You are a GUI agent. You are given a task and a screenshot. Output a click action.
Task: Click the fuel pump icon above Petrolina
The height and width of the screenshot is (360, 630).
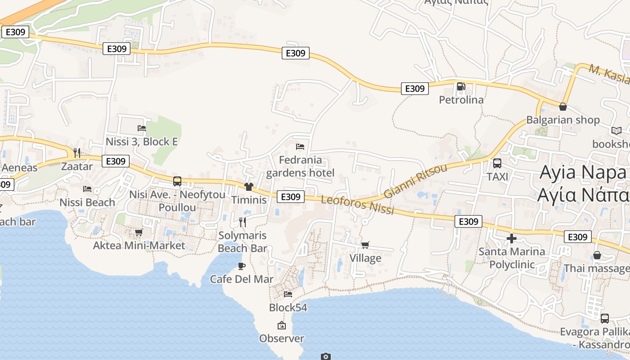pyautogui.click(x=461, y=86)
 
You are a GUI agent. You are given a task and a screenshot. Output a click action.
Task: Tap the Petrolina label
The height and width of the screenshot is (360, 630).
pyautogui.click(x=461, y=99)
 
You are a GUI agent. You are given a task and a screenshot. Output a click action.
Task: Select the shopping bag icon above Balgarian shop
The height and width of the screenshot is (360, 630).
pyautogui.click(x=562, y=107)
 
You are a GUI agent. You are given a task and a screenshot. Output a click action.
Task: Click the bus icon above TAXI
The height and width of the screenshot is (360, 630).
pyautogui.click(x=497, y=163)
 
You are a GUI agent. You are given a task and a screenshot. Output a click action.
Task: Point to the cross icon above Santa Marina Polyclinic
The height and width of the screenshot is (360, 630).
pyautogui.click(x=512, y=238)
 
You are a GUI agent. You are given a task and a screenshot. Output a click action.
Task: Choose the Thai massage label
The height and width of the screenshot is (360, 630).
pyautogui.click(x=597, y=268)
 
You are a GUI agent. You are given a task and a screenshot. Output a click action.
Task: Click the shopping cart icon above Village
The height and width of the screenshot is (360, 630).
pyautogui.click(x=365, y=245)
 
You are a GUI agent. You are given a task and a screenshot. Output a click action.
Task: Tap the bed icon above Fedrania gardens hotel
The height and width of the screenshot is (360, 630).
pyautogui.click(x=300, y=146)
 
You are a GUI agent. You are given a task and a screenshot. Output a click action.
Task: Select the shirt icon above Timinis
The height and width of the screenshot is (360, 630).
pyautogui.click(x=249, y=186)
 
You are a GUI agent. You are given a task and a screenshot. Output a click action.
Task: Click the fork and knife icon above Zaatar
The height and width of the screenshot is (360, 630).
pyautogui.click(x=77, y=153)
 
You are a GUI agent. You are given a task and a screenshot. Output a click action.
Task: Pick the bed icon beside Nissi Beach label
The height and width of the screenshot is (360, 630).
pyautogui.click(x=87, y=189)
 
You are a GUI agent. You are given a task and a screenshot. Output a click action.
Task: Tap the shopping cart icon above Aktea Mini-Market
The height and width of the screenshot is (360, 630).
pyautogui.click(x=139, y=232)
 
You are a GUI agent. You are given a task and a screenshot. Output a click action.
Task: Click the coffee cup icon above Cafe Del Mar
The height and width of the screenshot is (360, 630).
pyautogui.click(x=242, y=265)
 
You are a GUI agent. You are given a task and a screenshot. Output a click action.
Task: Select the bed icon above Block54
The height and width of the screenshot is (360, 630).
pyautogui.click(x=288, y=294)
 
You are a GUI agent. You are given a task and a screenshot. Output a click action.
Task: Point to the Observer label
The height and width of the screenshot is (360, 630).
pyautogui.click(x=282, y=338)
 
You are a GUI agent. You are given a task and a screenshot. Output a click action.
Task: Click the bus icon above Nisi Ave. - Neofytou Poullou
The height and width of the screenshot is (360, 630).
pyautogui.click(x=177, y=181)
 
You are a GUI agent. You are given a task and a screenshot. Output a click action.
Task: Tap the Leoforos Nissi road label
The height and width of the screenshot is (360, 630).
pyautogui.click(x=358, y=205)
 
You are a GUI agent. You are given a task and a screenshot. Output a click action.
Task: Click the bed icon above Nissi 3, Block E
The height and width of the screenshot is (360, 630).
pyautogui.click(x=142, y=128)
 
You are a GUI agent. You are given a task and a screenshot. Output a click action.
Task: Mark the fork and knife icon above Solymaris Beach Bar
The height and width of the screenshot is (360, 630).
pyautogui.click(x=242, y=222)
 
